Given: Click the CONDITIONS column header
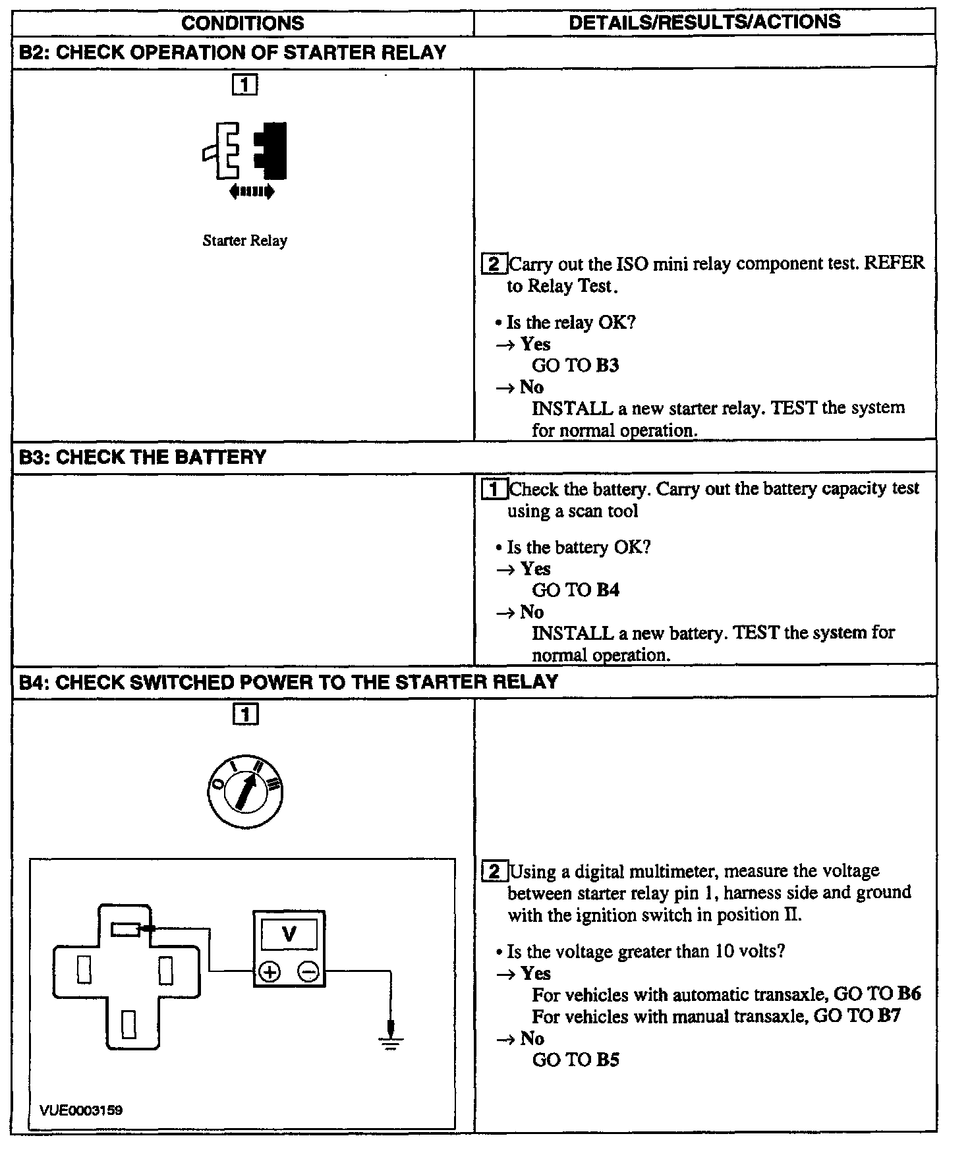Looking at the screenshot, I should pyautogui.click(x=242, y=23).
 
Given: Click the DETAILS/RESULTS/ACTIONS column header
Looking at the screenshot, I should pyautogui.click(x=704, y=22).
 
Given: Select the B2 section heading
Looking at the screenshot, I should pyautogui.click(x=233, y=52).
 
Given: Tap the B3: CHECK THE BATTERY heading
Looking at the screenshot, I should pyautogui.click(x=143, y=457).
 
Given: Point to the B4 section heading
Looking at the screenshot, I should pyautogui.click(x=289, y=681).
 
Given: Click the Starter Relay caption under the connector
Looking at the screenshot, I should pyautogui.click(x=244, y=241).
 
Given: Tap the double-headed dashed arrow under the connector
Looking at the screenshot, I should pyautogui.click(x=251, y=192).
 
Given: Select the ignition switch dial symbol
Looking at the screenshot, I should pyautogui.click(x=244, y=792).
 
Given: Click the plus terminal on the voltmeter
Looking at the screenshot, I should pyautogui.click(x=270, y=971).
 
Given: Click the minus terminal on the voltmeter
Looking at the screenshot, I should pyautogui.click(x=308, y=971).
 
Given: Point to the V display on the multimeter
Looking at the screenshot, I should pyautogui.click(x=289, y=934).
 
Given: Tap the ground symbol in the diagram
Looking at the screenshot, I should pyautogui.click(x=391, y=1040).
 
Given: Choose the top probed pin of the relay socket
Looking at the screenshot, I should pyautogui.click(x=125, y=929).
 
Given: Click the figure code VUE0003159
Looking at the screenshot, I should pyautogui.click(x=81, y=1110).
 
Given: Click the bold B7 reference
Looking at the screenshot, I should pyautogui.click(x=889, y=1015).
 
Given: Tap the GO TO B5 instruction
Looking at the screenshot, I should pyautogui.click(x=575, y=1060).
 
